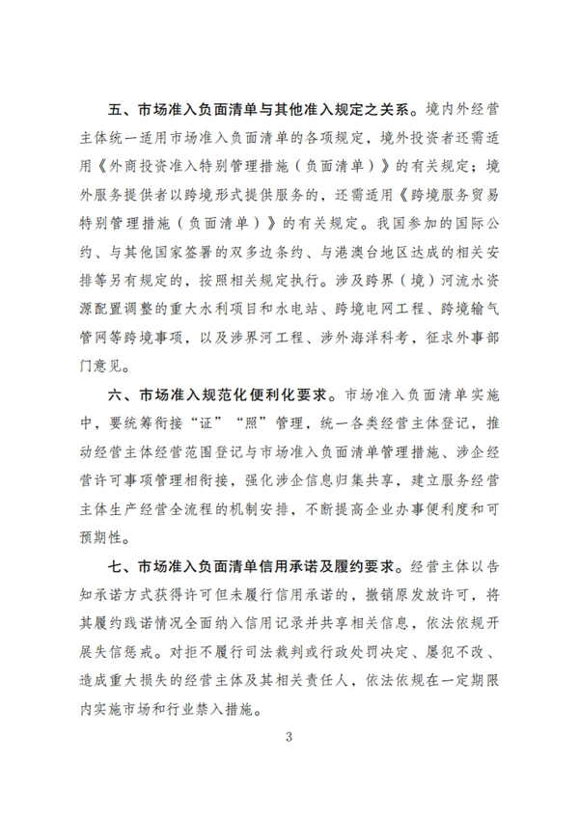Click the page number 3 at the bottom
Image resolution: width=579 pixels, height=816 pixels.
289,738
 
